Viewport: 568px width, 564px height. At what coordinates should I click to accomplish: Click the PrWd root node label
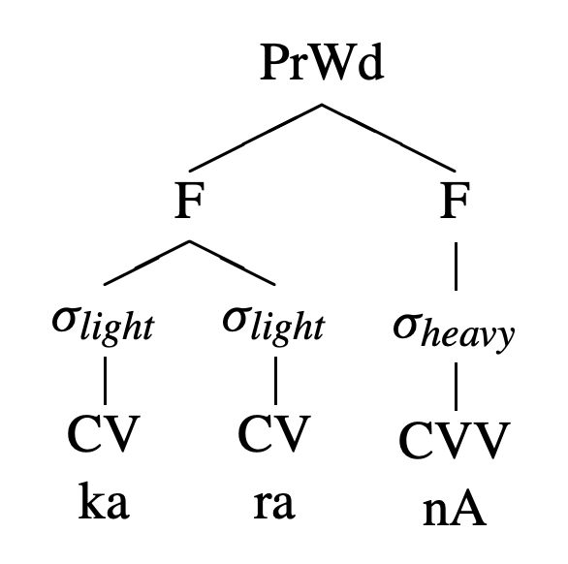[322, 62]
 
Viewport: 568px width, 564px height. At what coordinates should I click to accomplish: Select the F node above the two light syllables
[189, 200]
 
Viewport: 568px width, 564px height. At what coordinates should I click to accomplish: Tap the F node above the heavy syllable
[455, 200]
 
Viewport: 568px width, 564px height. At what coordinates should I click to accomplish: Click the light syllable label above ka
[104, 325]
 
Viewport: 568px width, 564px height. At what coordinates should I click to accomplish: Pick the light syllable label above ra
[274, 325]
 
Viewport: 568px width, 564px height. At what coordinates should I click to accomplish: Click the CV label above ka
[104, 434]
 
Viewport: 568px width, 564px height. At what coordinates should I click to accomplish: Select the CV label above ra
[274, 434]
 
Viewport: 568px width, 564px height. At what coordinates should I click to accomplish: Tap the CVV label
[455, 440]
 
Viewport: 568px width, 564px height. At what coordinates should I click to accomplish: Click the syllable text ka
[104, 501]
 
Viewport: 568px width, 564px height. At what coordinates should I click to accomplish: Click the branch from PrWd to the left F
[255, 138]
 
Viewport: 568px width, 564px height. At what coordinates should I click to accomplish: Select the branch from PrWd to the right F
[389, 138]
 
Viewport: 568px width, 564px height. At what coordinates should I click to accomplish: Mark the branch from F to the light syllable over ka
[146, 263]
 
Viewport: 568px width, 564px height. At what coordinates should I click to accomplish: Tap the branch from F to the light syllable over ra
[233, 263]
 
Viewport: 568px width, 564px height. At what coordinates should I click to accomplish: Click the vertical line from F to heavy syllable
[456, 266]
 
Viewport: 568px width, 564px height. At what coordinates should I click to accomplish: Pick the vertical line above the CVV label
[456, 386]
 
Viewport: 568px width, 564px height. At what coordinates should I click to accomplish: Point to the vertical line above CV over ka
[105, 380]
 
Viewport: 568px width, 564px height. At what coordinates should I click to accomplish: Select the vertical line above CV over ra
[275, 380]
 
